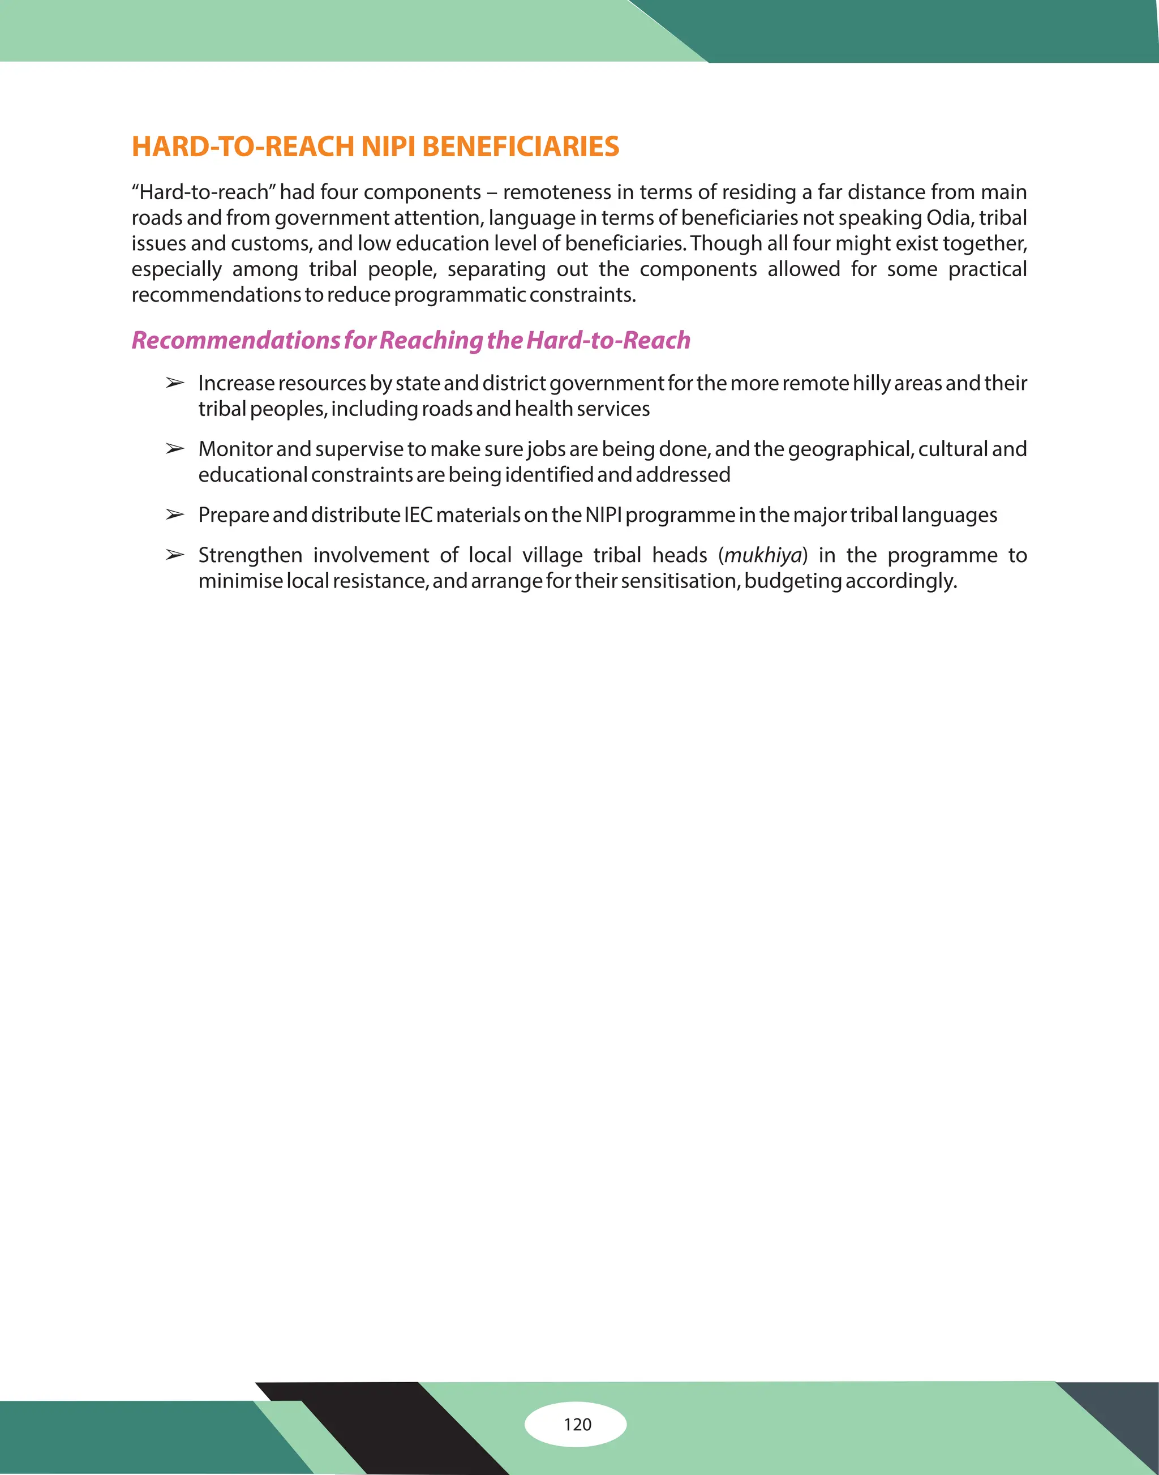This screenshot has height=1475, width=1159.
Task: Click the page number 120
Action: pyautogui.click(x=577, y=1423)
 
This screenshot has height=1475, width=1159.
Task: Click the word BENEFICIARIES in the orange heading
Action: pyautogui.click(x=520, y=147)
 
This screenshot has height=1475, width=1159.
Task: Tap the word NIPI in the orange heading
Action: pyautogui.click(x=388, y=147)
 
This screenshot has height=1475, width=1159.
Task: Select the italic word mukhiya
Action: pyautogui.click(x=763, y=555)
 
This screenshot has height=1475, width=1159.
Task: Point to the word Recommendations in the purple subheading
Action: pyautogui.click(x=235, y=340)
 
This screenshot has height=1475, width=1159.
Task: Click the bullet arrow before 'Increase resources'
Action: pyautogui.click(x=174, y=384)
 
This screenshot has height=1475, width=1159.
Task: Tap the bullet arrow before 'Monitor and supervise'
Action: pyautogui.click(x=174, y=449)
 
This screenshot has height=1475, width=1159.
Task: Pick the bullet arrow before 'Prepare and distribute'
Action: pyautogui.click(x=174, y=515)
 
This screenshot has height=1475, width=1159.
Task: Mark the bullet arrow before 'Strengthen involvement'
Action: pyautogui.click(x=174, y=555)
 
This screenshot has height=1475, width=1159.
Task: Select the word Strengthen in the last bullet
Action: pyautogui.click(x=250, y=555)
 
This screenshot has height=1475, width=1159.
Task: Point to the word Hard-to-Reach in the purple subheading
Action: pyautogui.click(x=608, y=340)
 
